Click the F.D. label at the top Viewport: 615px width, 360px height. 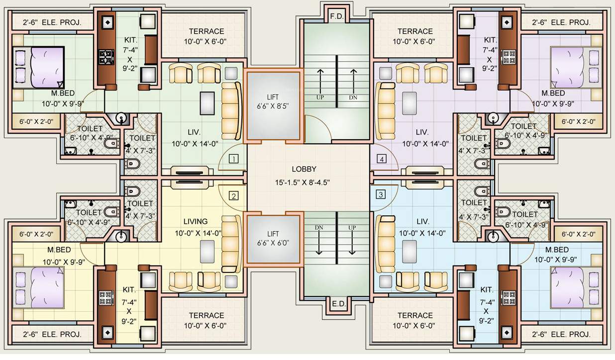pyautogui.click(x=337, y=16)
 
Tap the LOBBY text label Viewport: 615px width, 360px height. pyautogui.click(x=304, y=169)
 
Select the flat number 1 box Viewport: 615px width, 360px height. pyautogui.click(x=233, y=159)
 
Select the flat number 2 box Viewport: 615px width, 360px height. pyautogui.click(x=233, y=195)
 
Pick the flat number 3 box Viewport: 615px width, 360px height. pyautogui.click(x=381, y=194)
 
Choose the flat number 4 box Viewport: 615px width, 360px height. pyautogui.click(x=381, y=159)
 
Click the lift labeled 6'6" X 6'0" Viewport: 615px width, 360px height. pyautogui.click(x=273, y=239)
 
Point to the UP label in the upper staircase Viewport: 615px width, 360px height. pyautogui.click(x=320, y=97)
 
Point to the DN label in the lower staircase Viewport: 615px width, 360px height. pyautogui.click(x=319, y=227)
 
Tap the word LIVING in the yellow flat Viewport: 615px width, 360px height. pyautogui.click(x=195, y=221)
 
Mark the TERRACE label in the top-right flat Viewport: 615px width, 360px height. pyautogui.click(x=415, y=31)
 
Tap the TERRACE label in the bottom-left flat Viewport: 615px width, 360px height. pyautogui.click(x=206, y=315)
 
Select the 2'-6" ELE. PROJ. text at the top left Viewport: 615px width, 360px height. pyautogui.click(x=52, y=22)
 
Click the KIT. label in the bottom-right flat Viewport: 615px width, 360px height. pyautogui.click(x=487, y=289)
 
